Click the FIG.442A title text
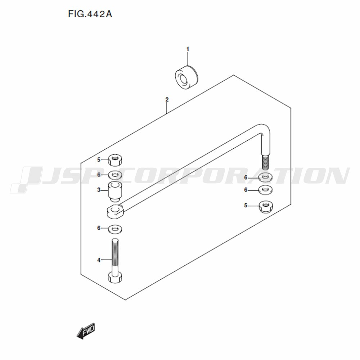pyautogui.click(x=90, y=14)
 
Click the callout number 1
pyautogui.click(x=188, y=49)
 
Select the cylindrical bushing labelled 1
pyautogui.click(x=187, y=77)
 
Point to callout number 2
pyautogui.click(x=167, y=100)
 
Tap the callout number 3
pyautogui.click(x=99, y=190)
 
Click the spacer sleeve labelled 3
pyautogui.click(x=115, y=192)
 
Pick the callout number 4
pyautogui.click(x=99, y=260)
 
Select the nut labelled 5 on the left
pyautogui.click(x=115, y=160)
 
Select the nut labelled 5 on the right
pyautogui.click(x=266, y=207)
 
